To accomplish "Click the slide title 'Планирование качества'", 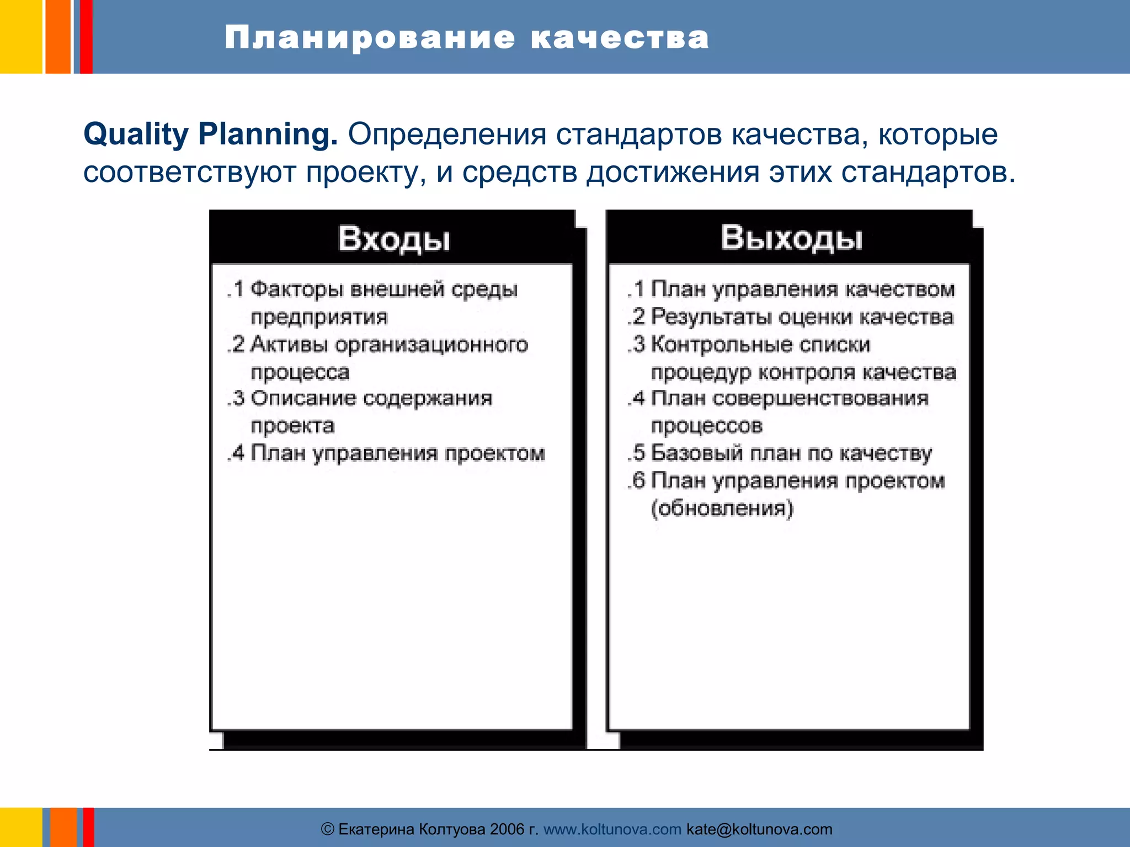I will [466, 37].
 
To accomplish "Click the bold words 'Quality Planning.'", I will [210, 134].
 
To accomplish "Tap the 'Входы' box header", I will [393, 239].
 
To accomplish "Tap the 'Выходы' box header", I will [791, 238].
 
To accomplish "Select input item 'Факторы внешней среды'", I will [383, 289].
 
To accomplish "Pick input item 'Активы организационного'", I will [389, 345].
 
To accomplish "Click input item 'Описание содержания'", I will [371, 398].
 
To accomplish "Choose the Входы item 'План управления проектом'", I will [397, 453].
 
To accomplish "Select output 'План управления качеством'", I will [802, 289].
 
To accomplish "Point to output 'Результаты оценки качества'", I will [802, 317].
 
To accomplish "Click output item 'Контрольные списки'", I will [760, 345].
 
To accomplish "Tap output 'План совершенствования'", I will [790, 398].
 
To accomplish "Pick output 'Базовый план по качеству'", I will [791, 453].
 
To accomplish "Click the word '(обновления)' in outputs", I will [722, 508].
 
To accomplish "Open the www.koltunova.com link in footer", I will [612, 829].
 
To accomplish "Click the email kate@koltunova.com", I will [759, 829].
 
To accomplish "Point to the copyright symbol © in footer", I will [328, 829].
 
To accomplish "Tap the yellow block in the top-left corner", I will [20, 36].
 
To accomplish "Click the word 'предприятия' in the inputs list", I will [319, 317].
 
